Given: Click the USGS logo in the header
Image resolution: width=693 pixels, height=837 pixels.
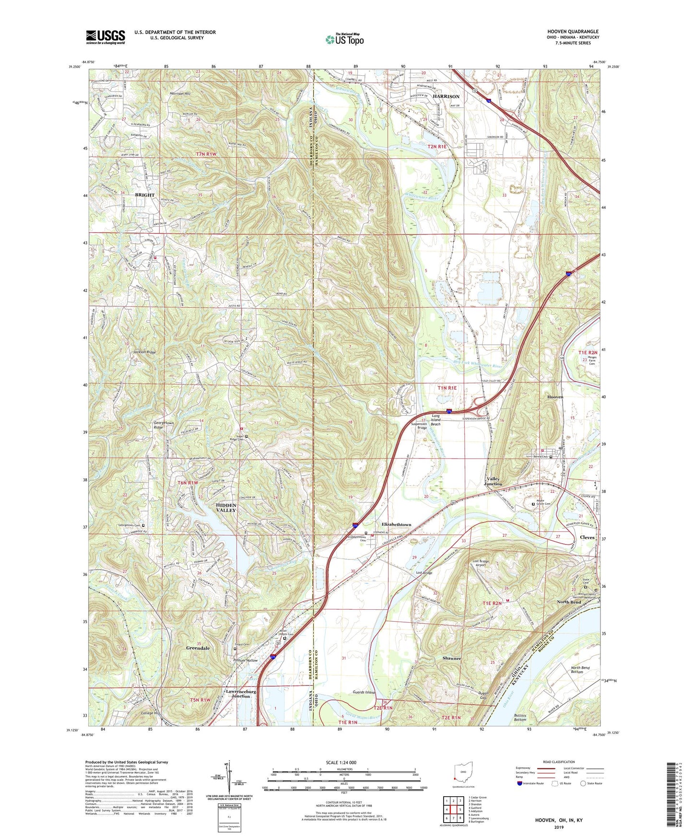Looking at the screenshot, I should pos(106,37).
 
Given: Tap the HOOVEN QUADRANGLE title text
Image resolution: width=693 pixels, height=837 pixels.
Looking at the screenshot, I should pos(573,32).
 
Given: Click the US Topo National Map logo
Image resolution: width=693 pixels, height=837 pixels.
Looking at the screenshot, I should pos(344,39).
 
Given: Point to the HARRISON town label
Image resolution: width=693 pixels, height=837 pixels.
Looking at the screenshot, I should pos(446,96).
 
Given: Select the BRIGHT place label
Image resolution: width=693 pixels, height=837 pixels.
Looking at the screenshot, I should pos(144,195).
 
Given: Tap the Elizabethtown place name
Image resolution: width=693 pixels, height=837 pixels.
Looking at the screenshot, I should pos(396,524).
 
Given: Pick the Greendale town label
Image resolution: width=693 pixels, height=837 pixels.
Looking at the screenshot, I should pos(198,648).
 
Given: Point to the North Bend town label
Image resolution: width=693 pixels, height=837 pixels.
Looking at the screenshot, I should pos(569,602).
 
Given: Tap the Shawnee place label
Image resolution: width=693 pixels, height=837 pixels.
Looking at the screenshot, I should pos(452,658).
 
